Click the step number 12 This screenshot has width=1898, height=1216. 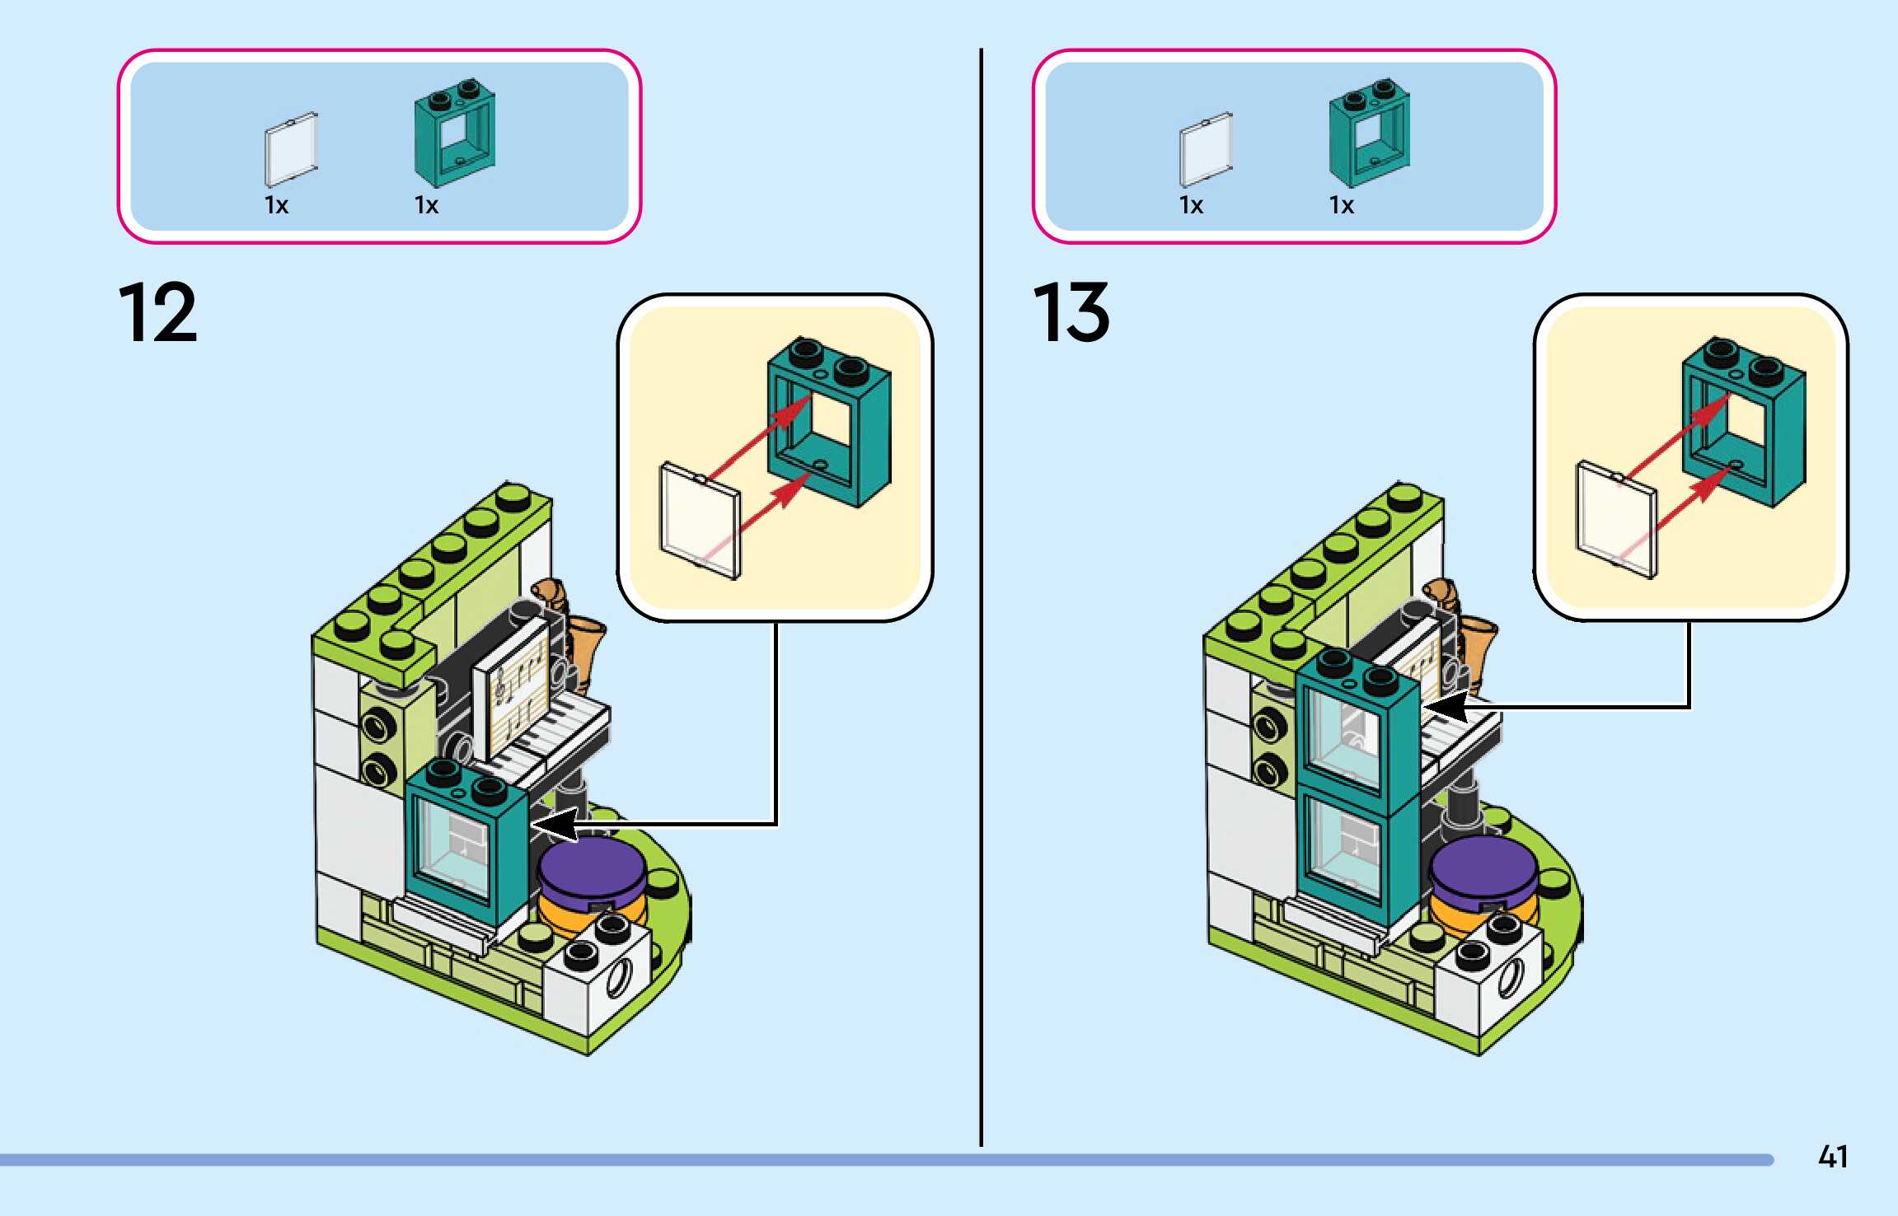[x=158, y=312]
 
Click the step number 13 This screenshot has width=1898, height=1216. [x=1071, y=312]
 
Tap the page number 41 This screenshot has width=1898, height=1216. [x=1833, y=1157]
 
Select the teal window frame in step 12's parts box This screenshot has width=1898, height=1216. [x=455, y=135]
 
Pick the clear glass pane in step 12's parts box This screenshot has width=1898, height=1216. [x=291, y=148]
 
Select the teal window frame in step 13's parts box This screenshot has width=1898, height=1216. [x=1369, y=133]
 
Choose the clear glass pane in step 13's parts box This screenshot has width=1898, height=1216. [x=1206, y=148]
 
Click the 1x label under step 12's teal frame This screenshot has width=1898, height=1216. [x=426, y=205]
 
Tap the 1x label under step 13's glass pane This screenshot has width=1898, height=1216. [x=1191, y=205]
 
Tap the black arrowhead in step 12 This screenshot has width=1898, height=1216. [x=552, y=824]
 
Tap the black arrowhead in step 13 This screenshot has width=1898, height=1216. [x=1444, y=707]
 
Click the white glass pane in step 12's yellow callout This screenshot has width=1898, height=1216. [x=701, y=521]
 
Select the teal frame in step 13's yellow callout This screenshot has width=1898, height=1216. [x=1743, y=420]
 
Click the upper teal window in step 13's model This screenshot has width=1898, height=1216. [x=1356, y=729]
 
